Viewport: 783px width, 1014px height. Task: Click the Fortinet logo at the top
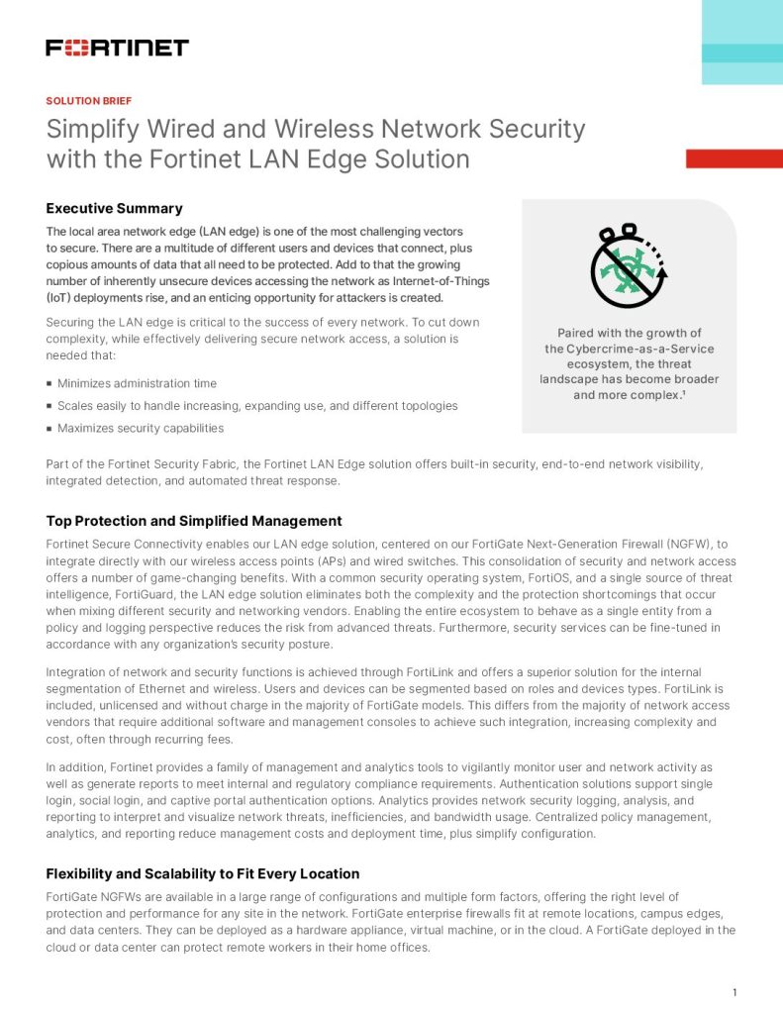click(x=117, y=48)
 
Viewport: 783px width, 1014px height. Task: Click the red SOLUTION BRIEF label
click(x=88, y=101)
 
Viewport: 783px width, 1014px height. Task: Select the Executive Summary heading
click(x=114, y=208)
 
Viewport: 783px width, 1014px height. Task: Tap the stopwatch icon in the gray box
click(x=629, y=266)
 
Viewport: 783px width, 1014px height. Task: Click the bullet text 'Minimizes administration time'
click(x=137, y=383)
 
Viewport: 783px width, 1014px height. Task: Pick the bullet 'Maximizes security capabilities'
click(x=141, y=428)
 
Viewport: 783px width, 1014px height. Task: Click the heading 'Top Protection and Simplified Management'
click(x=194, y=521)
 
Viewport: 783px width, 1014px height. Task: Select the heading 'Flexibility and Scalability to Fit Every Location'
click(x=203, y=874)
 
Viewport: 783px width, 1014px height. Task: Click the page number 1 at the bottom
click(x=734, y=993)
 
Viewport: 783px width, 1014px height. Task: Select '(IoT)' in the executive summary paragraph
click(x=61, y=298)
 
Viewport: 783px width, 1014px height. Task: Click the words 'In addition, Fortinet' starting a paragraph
click(x=105, y=767)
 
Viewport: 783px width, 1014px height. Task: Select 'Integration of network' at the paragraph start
click(x=111, y=672)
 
